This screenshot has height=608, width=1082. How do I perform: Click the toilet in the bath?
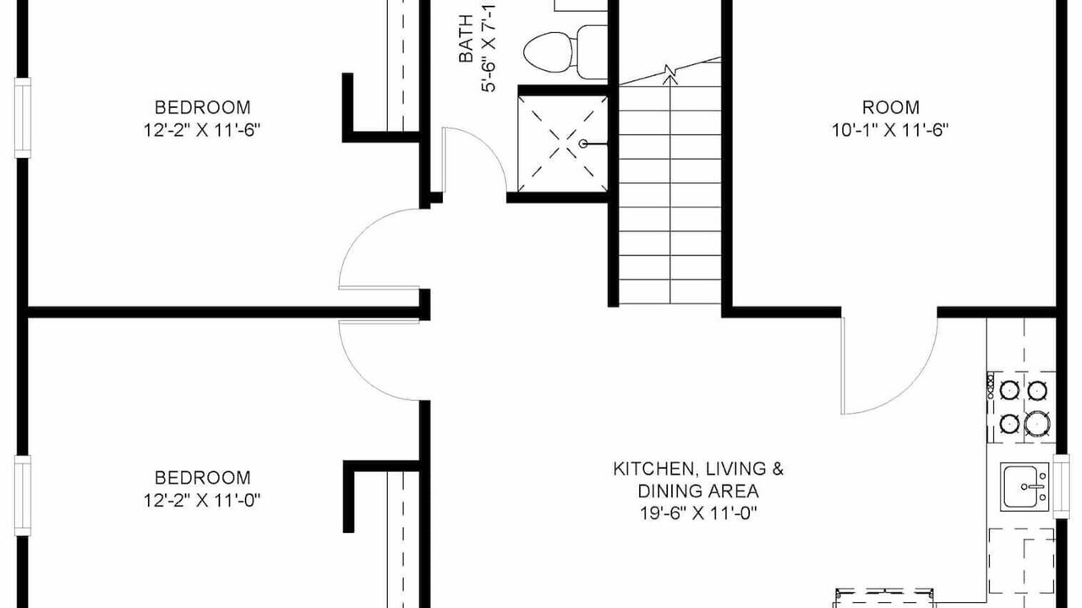[x=566, y=52]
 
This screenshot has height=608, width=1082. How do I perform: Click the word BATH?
[x=466, y=39]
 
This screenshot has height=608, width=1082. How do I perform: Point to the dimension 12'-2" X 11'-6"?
[x=202, y=130]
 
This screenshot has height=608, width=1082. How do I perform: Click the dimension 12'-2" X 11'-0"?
[x=202, y=501]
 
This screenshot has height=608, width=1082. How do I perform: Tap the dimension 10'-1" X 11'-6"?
[x=890, y=130]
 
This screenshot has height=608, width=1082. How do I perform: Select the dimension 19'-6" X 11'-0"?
[x=698, y=513]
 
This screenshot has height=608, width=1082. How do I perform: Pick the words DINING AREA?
[x=698, y=491]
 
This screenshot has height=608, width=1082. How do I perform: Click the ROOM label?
[x=891, y=107]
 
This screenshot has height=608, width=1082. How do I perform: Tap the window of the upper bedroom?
[x=22, y=117]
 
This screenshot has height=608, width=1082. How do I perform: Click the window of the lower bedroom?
[x=22, y=496]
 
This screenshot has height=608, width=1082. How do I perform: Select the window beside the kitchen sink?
[x=1062, y=486]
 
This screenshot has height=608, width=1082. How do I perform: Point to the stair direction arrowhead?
[x=670, y=80]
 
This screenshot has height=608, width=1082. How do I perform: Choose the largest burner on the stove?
[x=1036, y=423]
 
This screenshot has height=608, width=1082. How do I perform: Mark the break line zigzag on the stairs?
[x=669, y=72]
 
